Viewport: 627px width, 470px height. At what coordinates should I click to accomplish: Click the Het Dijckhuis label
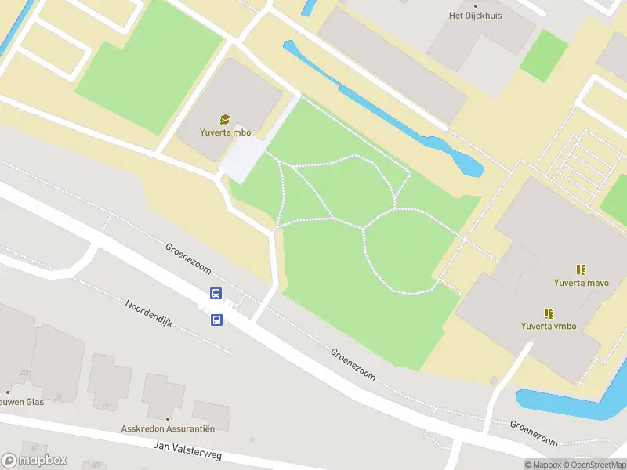(x=475, y=15)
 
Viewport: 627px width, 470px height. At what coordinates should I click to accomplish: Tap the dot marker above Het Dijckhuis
(x=475, y=4)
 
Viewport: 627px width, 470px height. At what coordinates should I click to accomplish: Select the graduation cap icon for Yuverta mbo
(x=225, y=119)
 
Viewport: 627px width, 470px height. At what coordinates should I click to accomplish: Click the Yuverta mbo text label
(x=225, y=132)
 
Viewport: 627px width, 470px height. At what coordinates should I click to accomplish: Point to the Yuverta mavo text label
(x=582, y=283)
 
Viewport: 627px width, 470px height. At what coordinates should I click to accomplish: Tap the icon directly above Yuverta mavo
(x=582, y=269)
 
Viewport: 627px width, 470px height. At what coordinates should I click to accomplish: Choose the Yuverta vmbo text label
(x=549, y=326)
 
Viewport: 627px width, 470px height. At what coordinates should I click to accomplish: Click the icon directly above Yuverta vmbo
(x=549, y=313)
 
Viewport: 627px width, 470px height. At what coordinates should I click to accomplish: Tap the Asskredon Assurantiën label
(x=168, y=428)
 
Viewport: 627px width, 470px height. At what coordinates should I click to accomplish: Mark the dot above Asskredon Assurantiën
(x=168, y=418)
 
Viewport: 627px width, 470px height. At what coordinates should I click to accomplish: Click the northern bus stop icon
(x=216, y=294)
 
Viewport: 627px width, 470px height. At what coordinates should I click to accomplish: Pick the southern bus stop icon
(x=216, y=320)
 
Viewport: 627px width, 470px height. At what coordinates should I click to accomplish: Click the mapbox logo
(x=34, y=461)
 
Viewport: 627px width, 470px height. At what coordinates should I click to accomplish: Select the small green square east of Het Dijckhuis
(x=543, y=55)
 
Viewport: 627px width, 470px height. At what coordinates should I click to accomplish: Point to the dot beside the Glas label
(x=8, y=392)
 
